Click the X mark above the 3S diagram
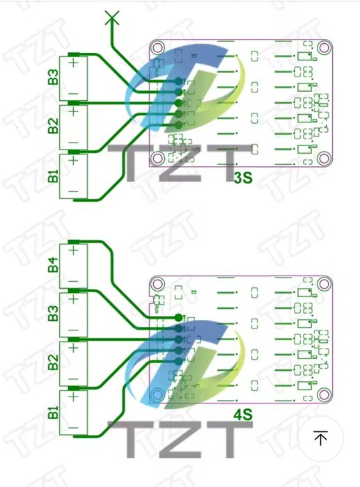click(x=112, y=17)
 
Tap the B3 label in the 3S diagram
click(x=53, y=77)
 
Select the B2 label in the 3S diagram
click(x=53, y=126)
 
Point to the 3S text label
click(x=243, y=178)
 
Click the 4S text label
click(x=243, y=415)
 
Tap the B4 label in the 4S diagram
click(x=53, y=264)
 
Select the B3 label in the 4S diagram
click(x=53, y=313)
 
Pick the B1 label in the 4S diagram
click(x=53, y=412)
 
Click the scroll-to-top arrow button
click(x=320, y=438)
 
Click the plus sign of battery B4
click(x=73, y=250)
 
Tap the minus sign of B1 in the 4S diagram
click(x=73, y=428)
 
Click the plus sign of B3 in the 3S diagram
click(x=73, y=63)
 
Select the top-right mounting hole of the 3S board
click(x=324, y=47)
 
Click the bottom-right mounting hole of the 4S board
click(x=324, y=394)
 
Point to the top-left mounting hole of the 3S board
click(x=157, y=47)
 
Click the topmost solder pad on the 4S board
click(x=178, y=317)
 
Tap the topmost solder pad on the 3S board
click(x=178, y=81)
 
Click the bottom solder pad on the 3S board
click(x=178, y=125)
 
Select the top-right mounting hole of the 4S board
click(x=324, y=284)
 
